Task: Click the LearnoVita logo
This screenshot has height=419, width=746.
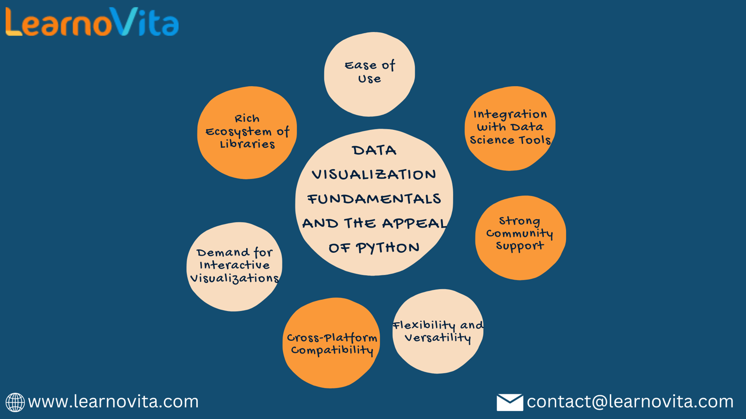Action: pyautogui.click(x=92, y=21)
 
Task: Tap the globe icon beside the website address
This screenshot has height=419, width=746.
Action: pyautogui.click(x=15, y=402)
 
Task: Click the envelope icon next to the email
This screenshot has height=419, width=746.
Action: pyautogui.click(x=510, y=402)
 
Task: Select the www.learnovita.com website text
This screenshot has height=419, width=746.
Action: pyautogui.click(x=113, y=402)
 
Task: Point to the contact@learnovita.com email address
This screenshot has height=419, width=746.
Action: pyautogui.click(x=630, y=402)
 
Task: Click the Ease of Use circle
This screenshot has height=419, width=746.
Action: pyautogui.click(x=370, y=74)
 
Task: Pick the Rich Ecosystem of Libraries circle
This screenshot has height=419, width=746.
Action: pyautogui.click(x=247, y=133)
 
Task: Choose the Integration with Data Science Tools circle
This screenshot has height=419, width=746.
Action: pyautogui.click(x=510, y=128)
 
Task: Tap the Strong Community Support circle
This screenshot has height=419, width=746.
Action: pyautogui.click(x=520, y=238)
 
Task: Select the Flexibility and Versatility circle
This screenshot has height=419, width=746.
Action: pyautogui.click(x=438, y=331)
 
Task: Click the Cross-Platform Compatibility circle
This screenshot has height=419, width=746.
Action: pyautogui.click(x=332, y=343)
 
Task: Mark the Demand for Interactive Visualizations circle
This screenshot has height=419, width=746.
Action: pyautogui.click(x=235, y=267)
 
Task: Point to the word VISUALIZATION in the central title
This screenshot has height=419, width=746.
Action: pyautogui.click(x=373, y=175)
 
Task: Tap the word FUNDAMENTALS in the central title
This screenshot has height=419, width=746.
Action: pyautogui.click(x=374, y=199)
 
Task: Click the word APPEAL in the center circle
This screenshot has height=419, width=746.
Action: pyautogui.click(x=414, y=223)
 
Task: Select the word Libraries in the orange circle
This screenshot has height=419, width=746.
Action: pyautogui.click(x=248, y=144)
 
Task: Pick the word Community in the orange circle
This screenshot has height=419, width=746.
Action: pyautogui.click(x=519, y=234)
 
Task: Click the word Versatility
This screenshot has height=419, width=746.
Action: pyautogui.click(x=438, y=338)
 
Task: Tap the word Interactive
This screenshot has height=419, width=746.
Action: pyautogui.click(x=235, y=265)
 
